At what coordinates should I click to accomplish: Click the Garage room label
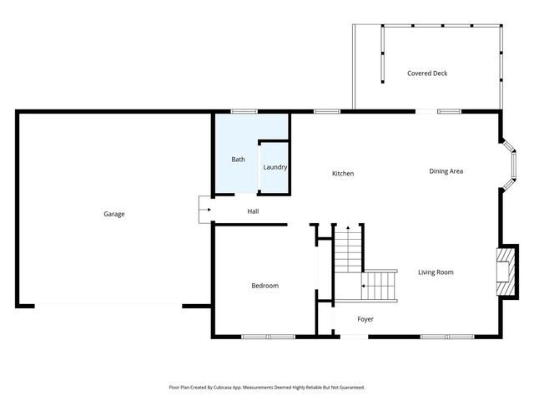[113, 214]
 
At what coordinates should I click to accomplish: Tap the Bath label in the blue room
[238, 159]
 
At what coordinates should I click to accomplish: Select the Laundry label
[275, 167]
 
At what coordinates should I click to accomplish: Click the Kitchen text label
[343, 174]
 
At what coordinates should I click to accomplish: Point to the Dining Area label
[446, 171]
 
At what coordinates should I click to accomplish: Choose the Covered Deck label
[427, 74]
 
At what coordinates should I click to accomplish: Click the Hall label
[253, 211]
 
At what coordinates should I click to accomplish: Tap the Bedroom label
[264, 286]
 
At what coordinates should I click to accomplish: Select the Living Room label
[436, 272]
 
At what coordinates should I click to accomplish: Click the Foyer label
[365, 319]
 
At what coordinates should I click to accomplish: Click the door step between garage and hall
[204, 210]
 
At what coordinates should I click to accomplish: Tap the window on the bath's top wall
[244, 111]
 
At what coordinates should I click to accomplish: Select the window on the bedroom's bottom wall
[268, 337]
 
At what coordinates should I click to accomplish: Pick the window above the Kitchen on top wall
[326, 111]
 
